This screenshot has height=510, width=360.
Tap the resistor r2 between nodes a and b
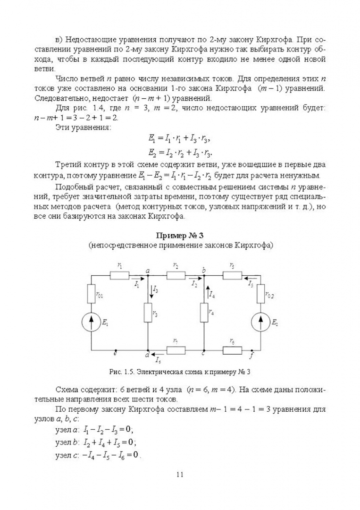(176, 275)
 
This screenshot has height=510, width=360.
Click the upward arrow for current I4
(206, 291)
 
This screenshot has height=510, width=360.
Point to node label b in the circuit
(204, 270)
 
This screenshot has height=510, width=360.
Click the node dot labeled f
(251, 350)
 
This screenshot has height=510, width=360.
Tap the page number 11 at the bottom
(179, 474)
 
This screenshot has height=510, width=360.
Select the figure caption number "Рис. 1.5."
(122, 372)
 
